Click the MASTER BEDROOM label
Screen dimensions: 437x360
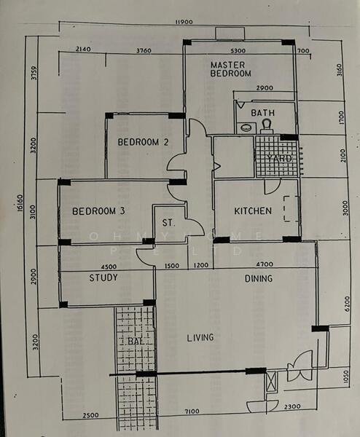(x=230, y=69)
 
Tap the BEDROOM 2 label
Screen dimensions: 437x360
(x=144, y=143)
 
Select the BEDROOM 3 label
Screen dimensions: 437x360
(x=98, y=211)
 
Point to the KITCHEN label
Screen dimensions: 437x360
(x=253, y=211)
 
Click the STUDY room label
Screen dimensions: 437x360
(x=103, y=277)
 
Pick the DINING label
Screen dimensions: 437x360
(x=259, y=278)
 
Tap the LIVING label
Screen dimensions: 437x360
(x=200, y=337)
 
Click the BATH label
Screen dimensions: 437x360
(x=262, y=113)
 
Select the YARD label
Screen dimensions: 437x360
(x=279, y=158)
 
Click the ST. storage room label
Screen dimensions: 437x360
(x=167, y=222)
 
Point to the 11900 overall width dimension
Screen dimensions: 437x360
(x=184, y=22)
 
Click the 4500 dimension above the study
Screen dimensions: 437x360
(x=109, y=267)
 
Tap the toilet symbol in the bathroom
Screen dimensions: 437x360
(x=266, y=125)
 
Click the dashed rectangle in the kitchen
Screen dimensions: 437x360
(x=291, y=210)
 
